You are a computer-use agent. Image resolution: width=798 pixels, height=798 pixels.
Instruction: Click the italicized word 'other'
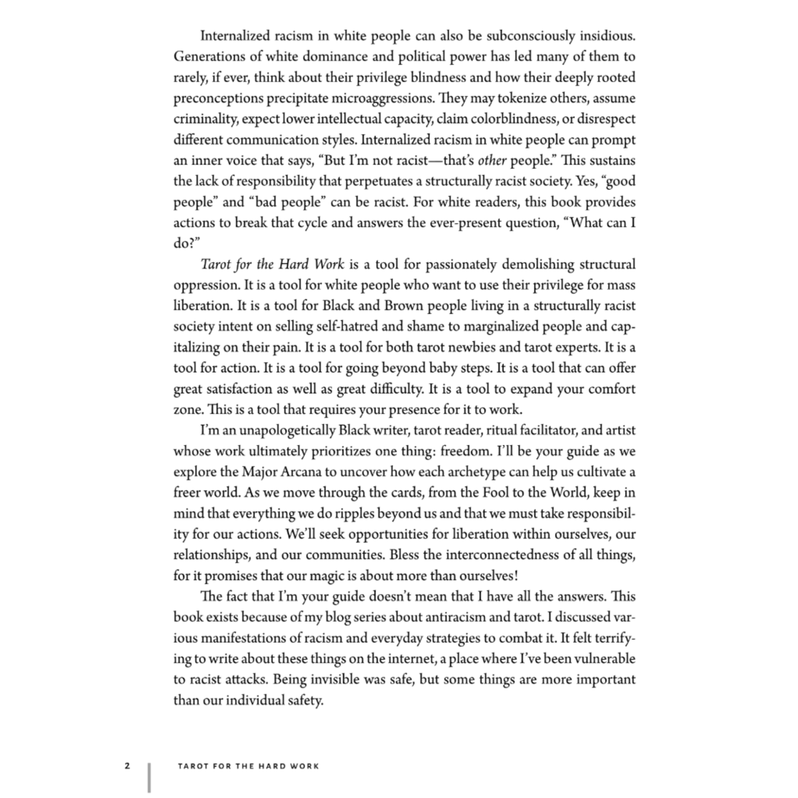[x=492, y=161]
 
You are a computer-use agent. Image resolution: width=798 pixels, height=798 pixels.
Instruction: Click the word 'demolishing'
[x=538, y=265]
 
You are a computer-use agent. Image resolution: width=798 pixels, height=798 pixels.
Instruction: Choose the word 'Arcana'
[x=301, y=472]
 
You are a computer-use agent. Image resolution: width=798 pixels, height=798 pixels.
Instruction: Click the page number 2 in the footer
[x=127, y=766]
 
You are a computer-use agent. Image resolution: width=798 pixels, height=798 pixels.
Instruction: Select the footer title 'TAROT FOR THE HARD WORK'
[x=249, y=766]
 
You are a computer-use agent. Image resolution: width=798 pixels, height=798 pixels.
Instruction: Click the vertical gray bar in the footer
[x=149, y=777]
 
